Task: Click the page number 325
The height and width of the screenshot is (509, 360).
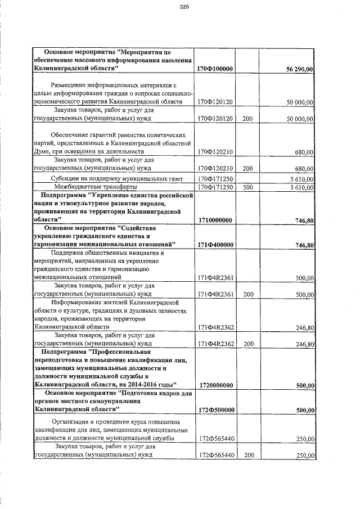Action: (183, 7)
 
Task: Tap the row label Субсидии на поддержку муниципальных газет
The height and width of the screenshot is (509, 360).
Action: (109, 179)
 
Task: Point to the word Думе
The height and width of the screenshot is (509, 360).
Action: (43, 151)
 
